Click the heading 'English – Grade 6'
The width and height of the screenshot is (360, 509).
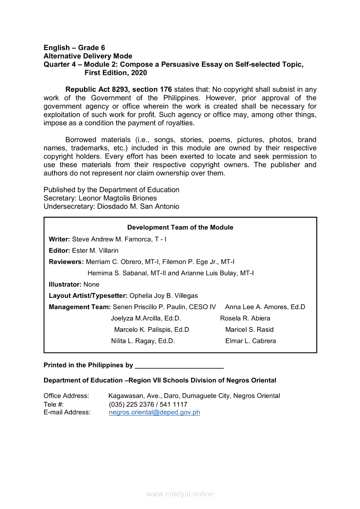(x=74, y=48)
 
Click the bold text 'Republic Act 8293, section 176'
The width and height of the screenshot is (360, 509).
(x=119, y=90)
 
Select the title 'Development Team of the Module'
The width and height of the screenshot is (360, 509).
(x=180, y=227)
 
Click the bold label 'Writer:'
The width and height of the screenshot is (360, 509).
(x=59, y=239)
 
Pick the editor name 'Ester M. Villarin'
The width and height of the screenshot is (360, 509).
(x=95, y=251)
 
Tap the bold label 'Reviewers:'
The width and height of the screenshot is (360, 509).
(x=66, y=262)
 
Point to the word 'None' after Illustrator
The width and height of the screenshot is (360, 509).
(x=92, y=285)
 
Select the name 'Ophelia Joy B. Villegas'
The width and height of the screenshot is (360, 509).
(x=163, y=296)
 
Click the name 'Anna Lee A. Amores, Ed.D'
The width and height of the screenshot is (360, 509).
(x=265, y=307)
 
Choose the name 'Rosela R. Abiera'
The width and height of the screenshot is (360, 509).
(x=245, y=318)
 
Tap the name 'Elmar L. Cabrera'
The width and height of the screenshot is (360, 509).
(x=251, y=341)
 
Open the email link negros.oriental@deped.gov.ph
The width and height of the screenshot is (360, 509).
(x=154, y=412)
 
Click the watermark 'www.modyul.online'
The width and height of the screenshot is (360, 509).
(x=180, y=494)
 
